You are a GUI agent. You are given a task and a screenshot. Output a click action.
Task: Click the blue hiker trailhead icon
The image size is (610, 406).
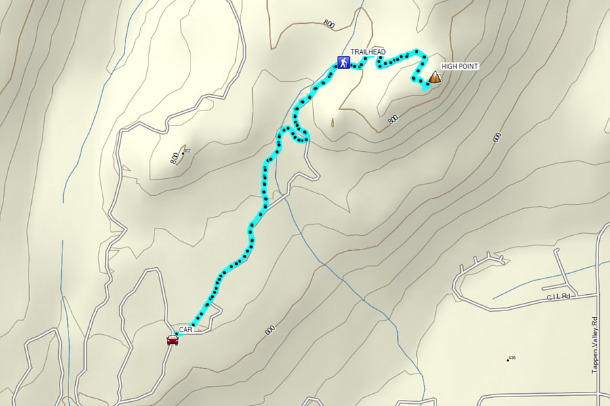pos(344,63)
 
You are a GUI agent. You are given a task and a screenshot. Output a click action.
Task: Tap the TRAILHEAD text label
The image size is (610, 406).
pos(368,52)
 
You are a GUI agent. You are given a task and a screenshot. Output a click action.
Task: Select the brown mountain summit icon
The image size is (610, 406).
pos(433,78)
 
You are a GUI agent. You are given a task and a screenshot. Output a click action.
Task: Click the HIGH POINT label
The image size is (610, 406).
pos(460,66)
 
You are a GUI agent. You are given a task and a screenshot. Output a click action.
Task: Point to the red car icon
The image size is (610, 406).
pos(173,340)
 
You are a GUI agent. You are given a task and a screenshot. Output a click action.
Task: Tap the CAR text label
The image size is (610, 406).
pos(186,329)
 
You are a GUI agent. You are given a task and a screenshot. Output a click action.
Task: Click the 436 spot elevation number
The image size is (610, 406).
pos(512,357)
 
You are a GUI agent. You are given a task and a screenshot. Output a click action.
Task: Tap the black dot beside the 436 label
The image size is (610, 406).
pos(507,360)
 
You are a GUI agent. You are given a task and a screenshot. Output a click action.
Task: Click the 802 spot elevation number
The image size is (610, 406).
pos(187,150)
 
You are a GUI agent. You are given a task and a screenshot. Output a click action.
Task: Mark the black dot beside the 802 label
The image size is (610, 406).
pos(183,153)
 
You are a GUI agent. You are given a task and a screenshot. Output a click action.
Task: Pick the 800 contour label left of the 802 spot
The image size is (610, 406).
pos(174,159)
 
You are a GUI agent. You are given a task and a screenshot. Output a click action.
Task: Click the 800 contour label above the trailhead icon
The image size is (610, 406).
pos(329,24)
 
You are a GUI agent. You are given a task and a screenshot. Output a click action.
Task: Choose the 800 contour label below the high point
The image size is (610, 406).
pos(392,120)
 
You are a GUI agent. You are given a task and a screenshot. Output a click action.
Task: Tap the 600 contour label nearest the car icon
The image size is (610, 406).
pos(270,330)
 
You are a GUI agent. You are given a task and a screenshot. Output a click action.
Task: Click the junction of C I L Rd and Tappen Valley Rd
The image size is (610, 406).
pos(597,295)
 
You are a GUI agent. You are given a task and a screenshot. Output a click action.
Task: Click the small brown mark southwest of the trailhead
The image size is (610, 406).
pos(332,123)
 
